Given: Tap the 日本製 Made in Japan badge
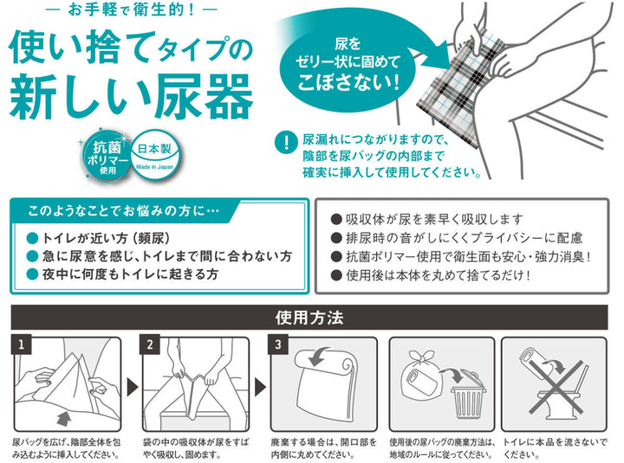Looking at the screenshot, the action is click(155, 154).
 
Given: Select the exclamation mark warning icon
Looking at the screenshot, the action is click(286, 142).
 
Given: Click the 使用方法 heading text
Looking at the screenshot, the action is click(309, 318).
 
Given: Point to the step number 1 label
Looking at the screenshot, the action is click(22, 344).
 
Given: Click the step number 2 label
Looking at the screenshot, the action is click(150, 344).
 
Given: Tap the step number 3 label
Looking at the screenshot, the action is click(278, 344).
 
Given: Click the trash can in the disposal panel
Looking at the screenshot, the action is click(468, 395).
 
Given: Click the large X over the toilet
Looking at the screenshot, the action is click(556, 387).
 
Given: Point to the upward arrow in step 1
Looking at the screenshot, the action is click(63, 419).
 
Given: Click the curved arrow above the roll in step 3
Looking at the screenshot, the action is click(320, 356).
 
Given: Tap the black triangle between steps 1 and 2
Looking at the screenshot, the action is click(132, 387).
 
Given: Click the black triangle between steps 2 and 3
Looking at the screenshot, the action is click(260, 387).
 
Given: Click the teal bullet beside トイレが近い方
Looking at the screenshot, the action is click(32, 239).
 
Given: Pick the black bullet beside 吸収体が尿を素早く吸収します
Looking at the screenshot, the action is click(336, 219).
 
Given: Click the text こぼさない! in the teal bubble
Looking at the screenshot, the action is click(348, 82).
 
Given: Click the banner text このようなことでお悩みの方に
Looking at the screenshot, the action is click(123, 210).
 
